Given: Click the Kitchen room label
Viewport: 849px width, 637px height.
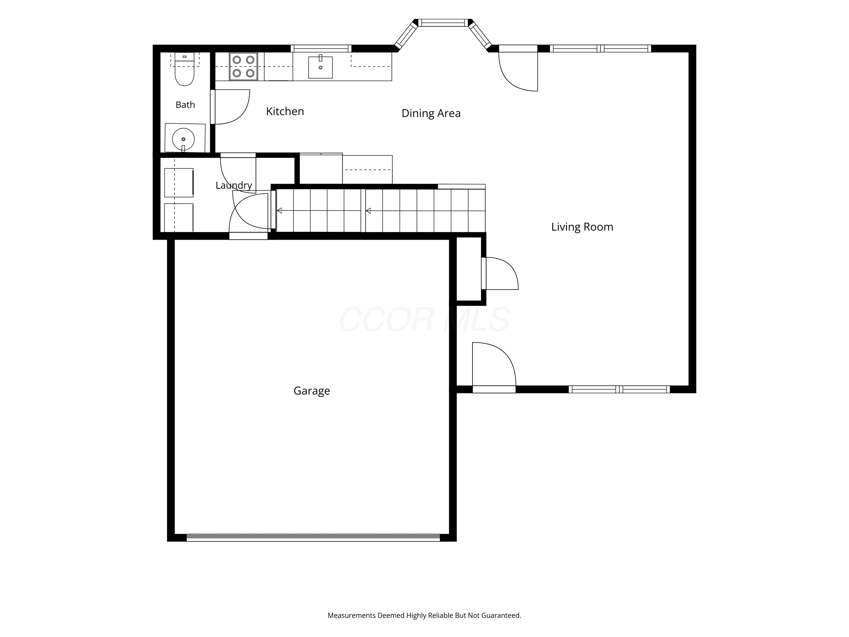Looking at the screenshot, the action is [285, 111].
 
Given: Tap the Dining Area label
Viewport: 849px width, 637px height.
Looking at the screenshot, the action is [431, 113].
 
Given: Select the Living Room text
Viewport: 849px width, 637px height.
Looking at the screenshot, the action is [582, 227].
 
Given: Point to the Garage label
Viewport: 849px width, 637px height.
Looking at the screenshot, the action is [312, 391].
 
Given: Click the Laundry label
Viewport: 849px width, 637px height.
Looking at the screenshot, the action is [234, 185].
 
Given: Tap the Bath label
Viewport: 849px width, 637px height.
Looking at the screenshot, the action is [185, 105].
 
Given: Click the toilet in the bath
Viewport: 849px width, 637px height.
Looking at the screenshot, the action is [185, 69].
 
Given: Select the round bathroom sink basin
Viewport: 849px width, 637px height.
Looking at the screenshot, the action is [183, 139].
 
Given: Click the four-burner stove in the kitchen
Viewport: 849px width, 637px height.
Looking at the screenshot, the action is [243, 67].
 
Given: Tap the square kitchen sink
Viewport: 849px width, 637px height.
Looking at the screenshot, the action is [320, 67].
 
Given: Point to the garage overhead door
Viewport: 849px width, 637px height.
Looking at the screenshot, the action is [313, 538].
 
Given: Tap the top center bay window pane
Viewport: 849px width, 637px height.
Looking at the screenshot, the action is [443, 23].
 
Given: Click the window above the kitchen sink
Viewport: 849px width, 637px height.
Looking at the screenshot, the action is [321, 48].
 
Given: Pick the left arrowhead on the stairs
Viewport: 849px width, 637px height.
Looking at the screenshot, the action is [279, 210].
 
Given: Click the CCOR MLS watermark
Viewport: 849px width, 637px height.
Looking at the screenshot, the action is [424, 319].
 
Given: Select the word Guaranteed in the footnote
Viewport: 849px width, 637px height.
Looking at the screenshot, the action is [501, 615].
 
